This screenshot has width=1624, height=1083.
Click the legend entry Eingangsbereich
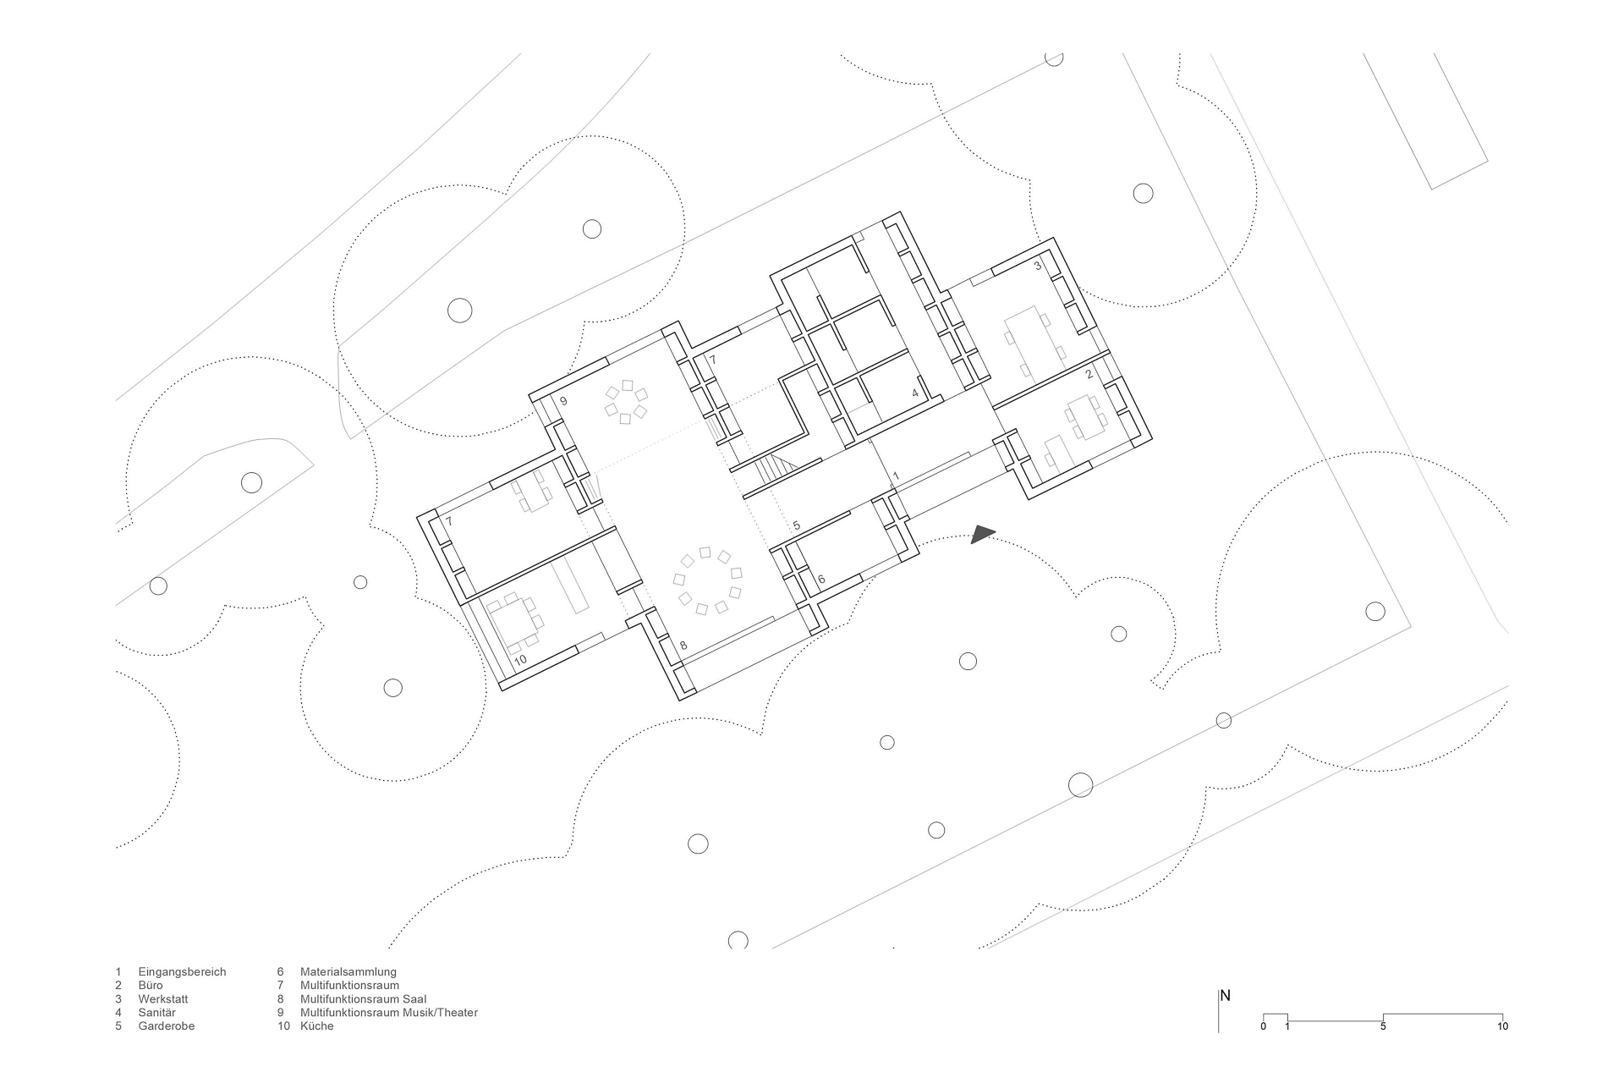pyautogui.click(x=182, y=972)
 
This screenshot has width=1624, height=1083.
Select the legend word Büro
pyautogui.click(x=151, y=986)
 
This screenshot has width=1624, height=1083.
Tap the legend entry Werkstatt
pyautogui.click(x=163, y=999)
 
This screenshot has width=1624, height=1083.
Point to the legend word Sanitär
pyautogui.click(x=157, y=1013)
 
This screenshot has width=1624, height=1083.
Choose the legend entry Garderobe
pyautogui.click(x=167, y=1026)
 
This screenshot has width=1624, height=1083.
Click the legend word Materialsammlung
pyautogui.click(x=348, y=972)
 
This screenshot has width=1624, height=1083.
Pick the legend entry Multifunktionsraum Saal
pyautogui.click(x=363, y=999)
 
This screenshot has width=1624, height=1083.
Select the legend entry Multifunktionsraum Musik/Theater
pyautogui.click(x=388, y=1013)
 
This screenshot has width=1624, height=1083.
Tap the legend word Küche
pyautogui.click(x=316, y=1026)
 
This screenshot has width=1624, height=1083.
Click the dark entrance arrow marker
pyautogui.click(x=982, y=534)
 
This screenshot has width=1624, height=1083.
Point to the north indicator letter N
pyautogui.click(x=1225, y=996)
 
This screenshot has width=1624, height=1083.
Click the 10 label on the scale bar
pyautogui.click(x=1502, y=1026)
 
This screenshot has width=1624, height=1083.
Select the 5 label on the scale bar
pyautogui.click(x=1383, y=1026)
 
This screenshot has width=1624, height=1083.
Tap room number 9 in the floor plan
pyautogui.click(x=563, y=400)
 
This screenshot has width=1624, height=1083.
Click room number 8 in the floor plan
pyautogui.click(x=683, y=646)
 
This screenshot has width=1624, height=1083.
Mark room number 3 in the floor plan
pyautogui.click(x=1038, y=266)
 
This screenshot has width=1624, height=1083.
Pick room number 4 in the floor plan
pyautogui.click(x=914, y=393)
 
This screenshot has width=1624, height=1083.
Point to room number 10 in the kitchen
pyautogui.click(x=520, y=659)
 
